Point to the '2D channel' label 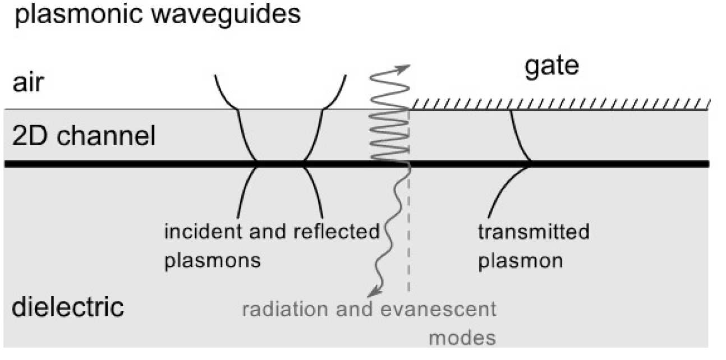tap(79, 137)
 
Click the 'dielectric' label tap(67, 308)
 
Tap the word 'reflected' tap(337, 232)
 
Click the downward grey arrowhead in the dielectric tap(371, 292)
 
